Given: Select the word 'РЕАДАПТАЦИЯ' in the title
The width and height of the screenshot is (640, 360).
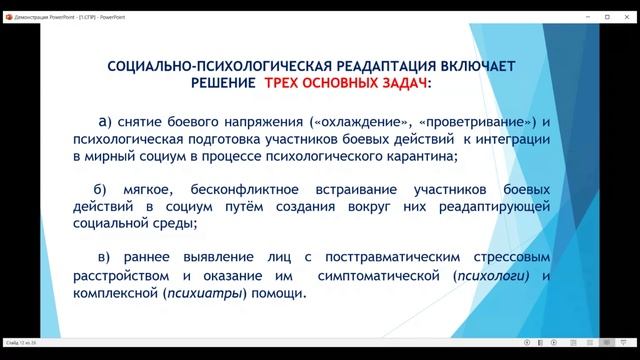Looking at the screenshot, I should click(x=376, y=66).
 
